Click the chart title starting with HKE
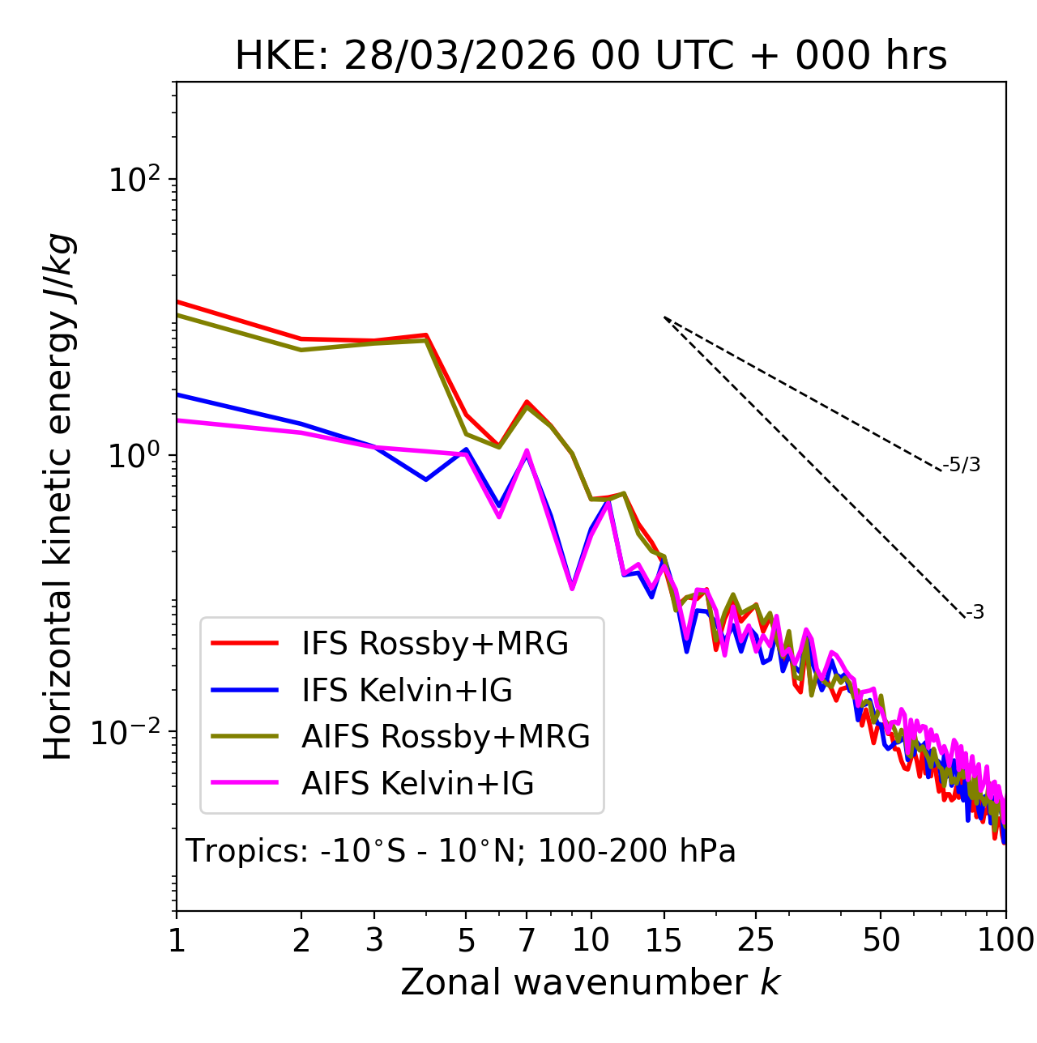[591, 56]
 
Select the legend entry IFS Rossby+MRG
[434, 644]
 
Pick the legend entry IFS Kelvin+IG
[407, 690]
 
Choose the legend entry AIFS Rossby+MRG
[446, 737]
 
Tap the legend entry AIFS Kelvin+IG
[417, 784]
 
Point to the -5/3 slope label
[962, 465]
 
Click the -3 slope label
[975, 613]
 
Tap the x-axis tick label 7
[527, 940]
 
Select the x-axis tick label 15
[664, 940]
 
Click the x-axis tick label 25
[756, 940]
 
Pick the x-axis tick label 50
[881, 940]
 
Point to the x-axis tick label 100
[1005, 940]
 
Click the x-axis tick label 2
[301, 940]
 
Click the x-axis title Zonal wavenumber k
[590, 982]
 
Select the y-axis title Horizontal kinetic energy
[58, 497]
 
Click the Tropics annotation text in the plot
[460, 851]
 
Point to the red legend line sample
[245, 644]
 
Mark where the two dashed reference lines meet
[664, 317]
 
